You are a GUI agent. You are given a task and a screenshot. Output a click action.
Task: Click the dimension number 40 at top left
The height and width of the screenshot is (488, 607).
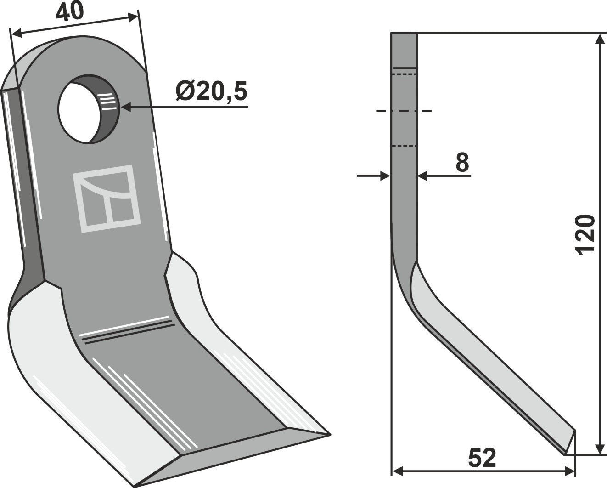(70, 11)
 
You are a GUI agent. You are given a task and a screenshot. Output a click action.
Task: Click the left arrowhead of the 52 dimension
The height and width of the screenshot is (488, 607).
(397, 471)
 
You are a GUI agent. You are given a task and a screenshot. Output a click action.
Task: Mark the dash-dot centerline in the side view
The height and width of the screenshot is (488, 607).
(404, 111)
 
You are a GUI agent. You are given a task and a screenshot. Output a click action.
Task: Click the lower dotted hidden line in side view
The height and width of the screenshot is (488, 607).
(404, 146)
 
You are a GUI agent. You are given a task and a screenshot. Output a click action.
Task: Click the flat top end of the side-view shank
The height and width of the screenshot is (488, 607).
(404, 33)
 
